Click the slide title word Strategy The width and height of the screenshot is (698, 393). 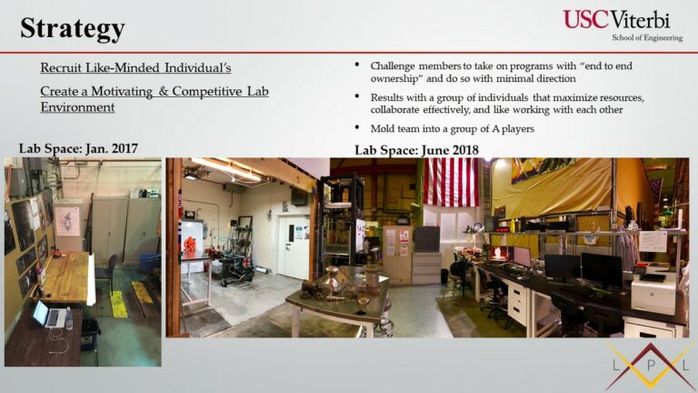pyautogui.click(x=72, y=28)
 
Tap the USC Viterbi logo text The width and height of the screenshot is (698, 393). pyautogui.click(x=616, y=20)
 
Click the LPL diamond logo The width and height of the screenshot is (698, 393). pyautogui.click(x=652, y=367)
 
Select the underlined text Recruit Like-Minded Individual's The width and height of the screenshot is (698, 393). pyautogui.click(x=135, y=67)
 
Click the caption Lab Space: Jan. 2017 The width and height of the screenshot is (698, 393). pyautogui.click(x=78, y=148)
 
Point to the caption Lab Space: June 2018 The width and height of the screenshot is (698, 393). pyautogui.click(x=416, y=150)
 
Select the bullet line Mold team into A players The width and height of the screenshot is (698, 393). pyautogui.click(x=453, y=129)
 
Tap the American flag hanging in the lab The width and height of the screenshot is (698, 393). pyautogui.click(x=451, y=182)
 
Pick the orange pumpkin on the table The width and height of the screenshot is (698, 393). pyautogui.click(x=190, y=245)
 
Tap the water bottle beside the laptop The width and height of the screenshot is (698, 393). pyautogui.click(x=69, y=318)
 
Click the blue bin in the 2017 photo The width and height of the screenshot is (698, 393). pyautogui.click(x=150, y=262)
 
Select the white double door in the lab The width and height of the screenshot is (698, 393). pyautogui.click(x=294, y=247)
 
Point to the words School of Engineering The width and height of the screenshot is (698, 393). pyautogui.click(x=647, y=38)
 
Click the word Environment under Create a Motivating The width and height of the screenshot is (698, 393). pyautogui.click(x=77, y=107)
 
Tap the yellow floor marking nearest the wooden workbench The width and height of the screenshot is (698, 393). pyautogui.click(x=118, y=304)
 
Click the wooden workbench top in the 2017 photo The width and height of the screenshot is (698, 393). pyautogui.click(x=67, y=277)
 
